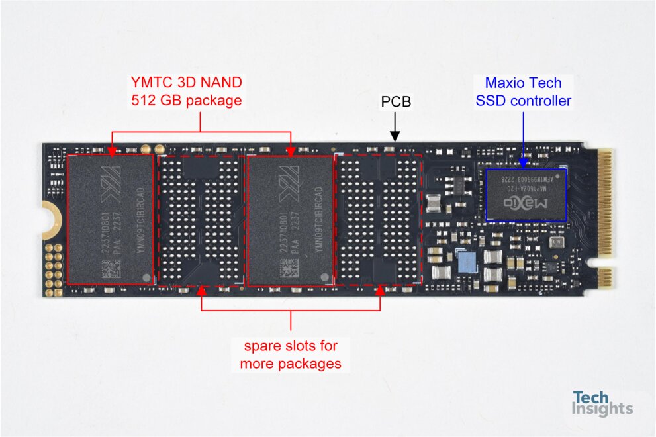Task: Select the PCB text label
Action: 395,102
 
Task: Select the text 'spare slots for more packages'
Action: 291,354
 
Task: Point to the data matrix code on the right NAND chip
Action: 289,269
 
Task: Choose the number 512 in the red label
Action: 144,101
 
